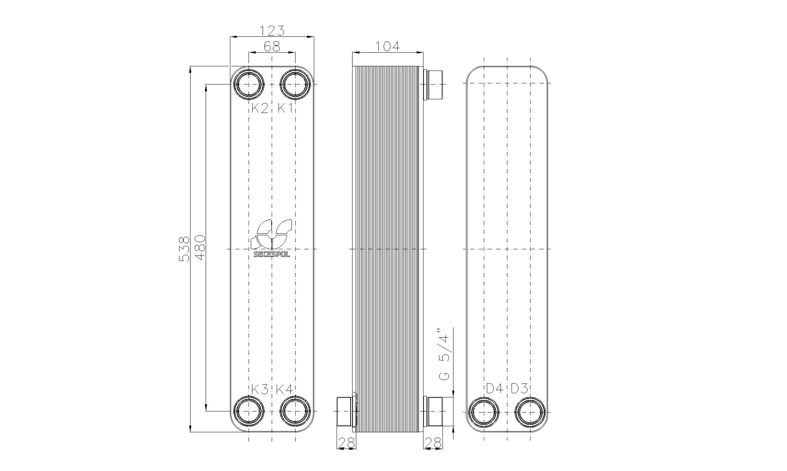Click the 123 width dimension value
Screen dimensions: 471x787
(272, 31)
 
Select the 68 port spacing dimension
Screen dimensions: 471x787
(272, 47)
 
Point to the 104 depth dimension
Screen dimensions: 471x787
(387, 46)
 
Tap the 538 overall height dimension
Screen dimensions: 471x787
(185, 249)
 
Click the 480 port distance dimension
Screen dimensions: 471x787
(200, 248)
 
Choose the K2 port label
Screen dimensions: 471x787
(260, 108)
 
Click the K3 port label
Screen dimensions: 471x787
(260, 390)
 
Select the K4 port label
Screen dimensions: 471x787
(284, 390)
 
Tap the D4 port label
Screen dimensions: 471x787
(495, 388)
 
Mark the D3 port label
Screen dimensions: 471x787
(519, 388)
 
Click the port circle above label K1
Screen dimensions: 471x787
(295, 84)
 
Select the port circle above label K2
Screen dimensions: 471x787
(249, 84)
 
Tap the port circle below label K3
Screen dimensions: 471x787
(249, 411)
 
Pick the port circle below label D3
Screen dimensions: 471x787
(530, 412)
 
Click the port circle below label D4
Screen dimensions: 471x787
(484, 412)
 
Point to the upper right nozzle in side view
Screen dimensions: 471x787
(434, 84)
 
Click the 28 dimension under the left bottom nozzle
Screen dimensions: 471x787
(346, 443)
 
